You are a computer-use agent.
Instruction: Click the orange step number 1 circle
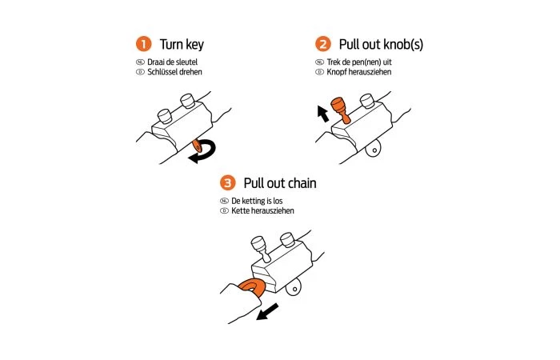pos(143,44)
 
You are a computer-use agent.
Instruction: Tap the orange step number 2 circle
pos(323,44)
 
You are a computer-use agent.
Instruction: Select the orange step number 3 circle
pos(227,183)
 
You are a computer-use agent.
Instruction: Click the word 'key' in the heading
pos(194,45)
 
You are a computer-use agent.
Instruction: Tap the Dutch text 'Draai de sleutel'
pos(172,62)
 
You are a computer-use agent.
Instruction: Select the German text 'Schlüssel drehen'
pos(174,72)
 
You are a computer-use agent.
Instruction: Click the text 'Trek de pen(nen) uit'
pos(359,62)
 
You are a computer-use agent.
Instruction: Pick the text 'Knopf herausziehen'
pos(359,72)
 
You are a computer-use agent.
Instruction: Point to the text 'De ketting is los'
pos(257,201)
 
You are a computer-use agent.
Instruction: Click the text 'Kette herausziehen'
pos(262,210)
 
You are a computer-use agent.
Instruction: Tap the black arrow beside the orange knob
pos(323,114)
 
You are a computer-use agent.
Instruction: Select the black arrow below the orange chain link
pos(267,312)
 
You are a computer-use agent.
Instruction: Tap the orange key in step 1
pos(197,146)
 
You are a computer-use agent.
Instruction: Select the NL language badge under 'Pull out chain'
pos(224,201)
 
